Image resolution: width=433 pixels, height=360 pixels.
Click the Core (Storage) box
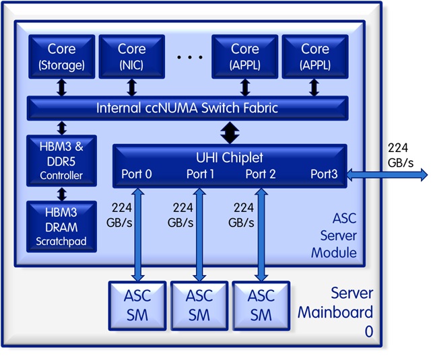pyautogui.click(x=61, y=57)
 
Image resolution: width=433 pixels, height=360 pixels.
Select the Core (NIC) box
pyautogui.click(x=131, y=57)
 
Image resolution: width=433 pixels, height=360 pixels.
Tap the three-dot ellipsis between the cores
pyautogui.click(x=190, y=58)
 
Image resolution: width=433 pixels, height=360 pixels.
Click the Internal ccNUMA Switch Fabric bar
pyautogui.click(x=187, y=108)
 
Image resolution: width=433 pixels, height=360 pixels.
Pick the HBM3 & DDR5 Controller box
pyautogui.click(x=61, y=160)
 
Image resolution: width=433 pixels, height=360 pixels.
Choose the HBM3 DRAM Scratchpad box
pyautogui.click(x=61, y=225)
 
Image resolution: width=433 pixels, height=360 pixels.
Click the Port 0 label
pyautogui.click(x=137, y=174)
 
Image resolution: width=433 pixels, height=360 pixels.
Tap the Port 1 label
pyautogui.click(x=201, y=174)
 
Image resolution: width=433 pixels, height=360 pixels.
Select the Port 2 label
pyautogui.click(x=261, y=174)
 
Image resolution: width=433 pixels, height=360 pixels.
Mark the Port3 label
pyautogui.click(x=324, y=174)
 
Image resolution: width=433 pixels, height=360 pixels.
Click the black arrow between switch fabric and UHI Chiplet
pyautogui.click(x=230, y=132)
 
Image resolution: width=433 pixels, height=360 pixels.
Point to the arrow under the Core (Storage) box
pyautogui.click(x=61, y=87)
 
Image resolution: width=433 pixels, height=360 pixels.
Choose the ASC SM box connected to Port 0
pyautogui.click(x=137, y=305)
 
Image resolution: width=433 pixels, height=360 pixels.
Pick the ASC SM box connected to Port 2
pyautogui.click(x=261, y=305)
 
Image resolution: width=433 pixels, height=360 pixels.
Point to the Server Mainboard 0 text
pyautogui.click(x=335, y=312)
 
